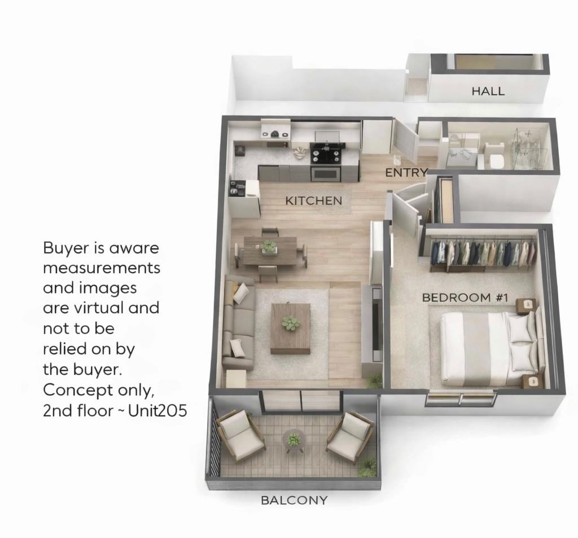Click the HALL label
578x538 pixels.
point(488,91)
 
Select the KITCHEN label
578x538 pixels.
point(313,200)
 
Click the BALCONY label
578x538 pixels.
point(294,500)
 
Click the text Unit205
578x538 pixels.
point(157,410)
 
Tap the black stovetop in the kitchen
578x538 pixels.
point(327,151)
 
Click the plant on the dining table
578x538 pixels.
point(269,246)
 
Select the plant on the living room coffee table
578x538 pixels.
point(291,323)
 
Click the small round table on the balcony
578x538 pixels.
point(294,439)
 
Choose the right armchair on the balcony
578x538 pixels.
point(350,436)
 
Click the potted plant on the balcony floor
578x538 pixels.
point(367,466)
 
